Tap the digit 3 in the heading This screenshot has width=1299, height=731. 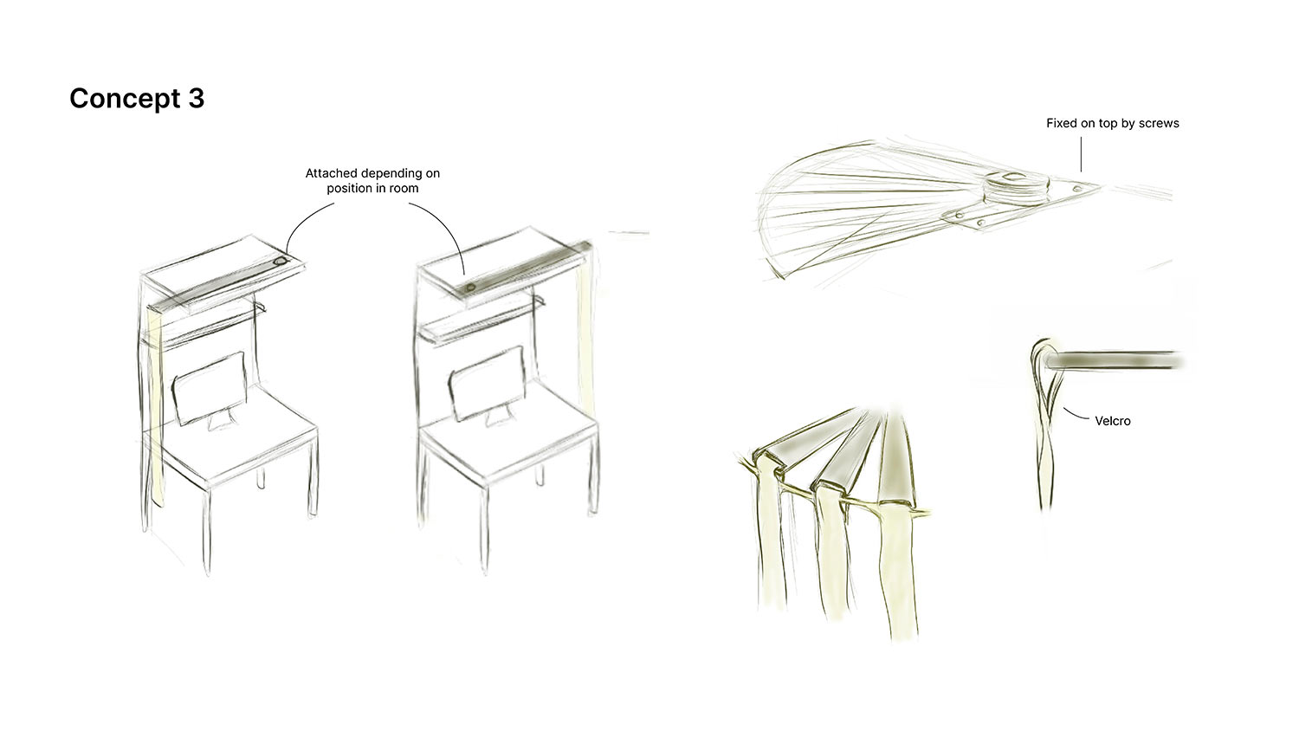[x=196, y=98]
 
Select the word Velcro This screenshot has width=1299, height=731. [x=1112, y=421]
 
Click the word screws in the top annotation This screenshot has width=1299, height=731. [x=1158, y=123]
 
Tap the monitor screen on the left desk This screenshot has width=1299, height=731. [x=209, y=386]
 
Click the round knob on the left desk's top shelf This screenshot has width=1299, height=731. [x=280, y=262]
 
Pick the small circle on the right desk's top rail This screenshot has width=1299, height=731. [x=471, y=288]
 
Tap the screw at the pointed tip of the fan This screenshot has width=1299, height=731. [x=1077, y=189]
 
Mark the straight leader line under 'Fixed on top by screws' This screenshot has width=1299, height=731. [x=1081, y=154]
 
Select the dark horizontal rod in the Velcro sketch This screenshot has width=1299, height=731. [x=1114, y=361]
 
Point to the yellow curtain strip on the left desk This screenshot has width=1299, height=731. [x=155, y=406]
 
